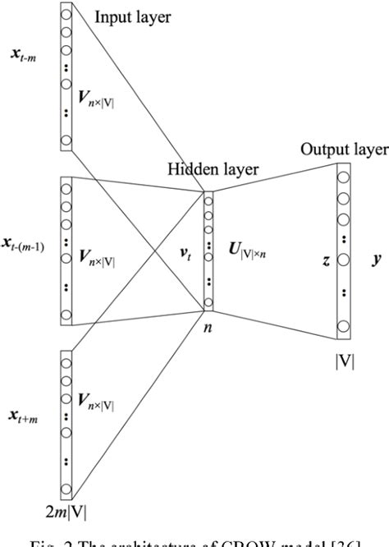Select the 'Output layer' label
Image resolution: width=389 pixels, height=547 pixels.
(345, 149)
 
